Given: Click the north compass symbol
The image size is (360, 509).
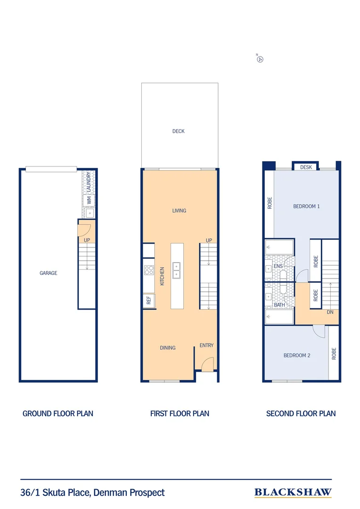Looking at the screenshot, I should tap(259, 59).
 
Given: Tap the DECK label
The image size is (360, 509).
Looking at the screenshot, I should tap(179, 131).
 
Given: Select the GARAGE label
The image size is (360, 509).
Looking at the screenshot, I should tap(48, 273).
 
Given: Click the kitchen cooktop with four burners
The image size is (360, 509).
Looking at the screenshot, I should tap(149, 271).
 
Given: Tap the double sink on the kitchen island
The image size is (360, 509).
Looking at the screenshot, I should tap(177, 271).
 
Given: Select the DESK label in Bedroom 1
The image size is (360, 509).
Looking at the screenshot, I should tap(306, 167).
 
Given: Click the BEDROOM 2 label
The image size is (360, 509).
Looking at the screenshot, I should tap(297, 355).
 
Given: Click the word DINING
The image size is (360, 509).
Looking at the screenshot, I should tap(168, 348).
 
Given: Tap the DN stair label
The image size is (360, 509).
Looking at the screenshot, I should tap(331, 312).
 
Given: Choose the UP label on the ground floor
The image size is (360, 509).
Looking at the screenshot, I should tap(87, 240).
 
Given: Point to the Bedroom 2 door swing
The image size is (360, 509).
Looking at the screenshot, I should tap(319, 331).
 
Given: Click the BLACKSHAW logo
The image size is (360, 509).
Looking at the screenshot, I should tap(293, 493).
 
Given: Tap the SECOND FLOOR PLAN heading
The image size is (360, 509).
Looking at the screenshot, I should tap(301, 413).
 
